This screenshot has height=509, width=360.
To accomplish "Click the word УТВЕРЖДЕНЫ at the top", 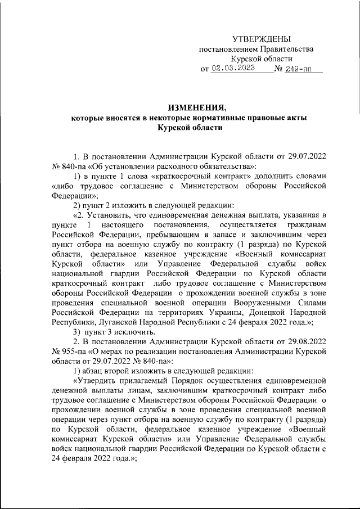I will [262, 39].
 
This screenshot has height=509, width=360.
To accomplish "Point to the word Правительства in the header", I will [284, 49].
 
